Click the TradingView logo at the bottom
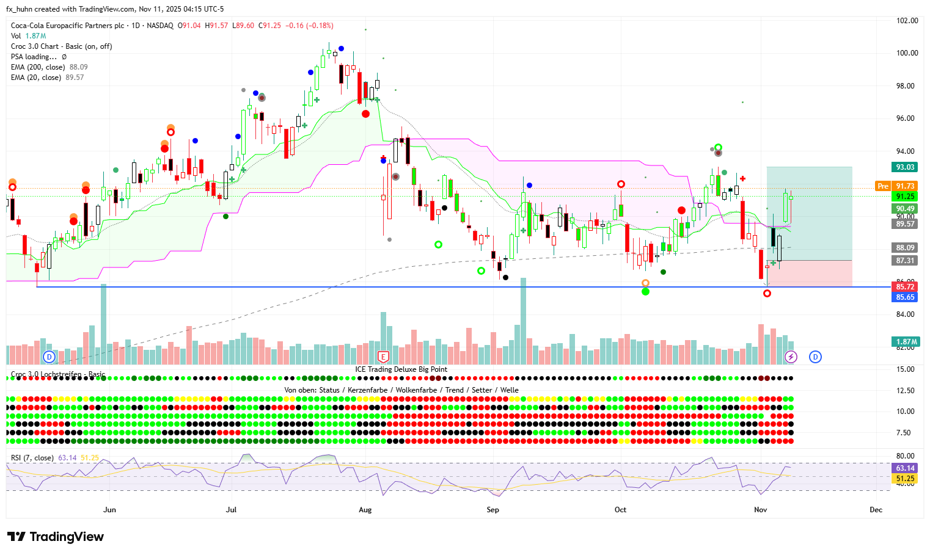click(x=56, y=537)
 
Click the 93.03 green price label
click(x=905, y=167)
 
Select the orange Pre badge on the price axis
click(x=882, y=186)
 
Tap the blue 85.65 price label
click(x=905, y=297)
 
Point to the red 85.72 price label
click(x=905, y=287)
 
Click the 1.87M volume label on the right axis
click(x=905, y=342)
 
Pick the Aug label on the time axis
click(x=365, y=510)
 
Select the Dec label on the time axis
click(x=876, y=510)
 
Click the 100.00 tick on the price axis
click(x=907, y=53)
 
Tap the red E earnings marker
click(x=383, y=357)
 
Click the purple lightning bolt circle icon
click(x=791, y=357)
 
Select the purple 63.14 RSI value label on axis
click(x=905, y=468)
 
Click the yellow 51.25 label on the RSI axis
click(x=905, y=479)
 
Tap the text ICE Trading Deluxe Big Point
click(x=401, y=369)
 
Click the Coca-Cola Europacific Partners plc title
click(x=67, y=26)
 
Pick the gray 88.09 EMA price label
click(x=905, y=248)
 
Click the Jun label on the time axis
click(x=109, y=510)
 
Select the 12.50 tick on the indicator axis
click(x=905, y=391)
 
